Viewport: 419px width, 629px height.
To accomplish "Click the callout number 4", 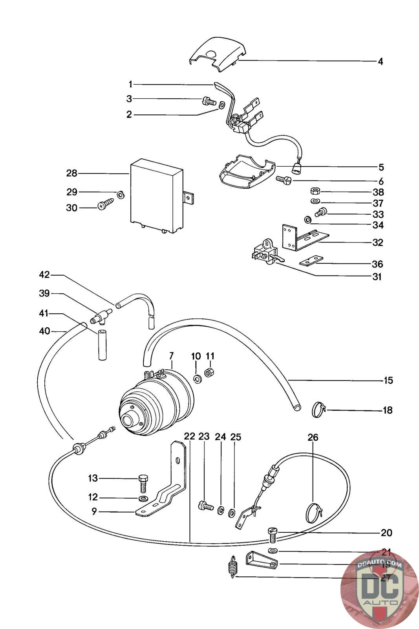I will point(380,61).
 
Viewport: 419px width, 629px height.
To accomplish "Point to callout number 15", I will point(388,380).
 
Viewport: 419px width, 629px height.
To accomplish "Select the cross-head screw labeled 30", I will point(106,204).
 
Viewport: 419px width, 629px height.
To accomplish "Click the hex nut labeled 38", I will point(315,191).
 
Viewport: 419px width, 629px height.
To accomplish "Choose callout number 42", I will point(44,274).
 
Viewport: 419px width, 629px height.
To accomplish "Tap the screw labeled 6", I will point(283,180).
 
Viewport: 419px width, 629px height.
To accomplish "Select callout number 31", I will point(377,277).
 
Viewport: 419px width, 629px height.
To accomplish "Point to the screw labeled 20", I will point(273,534).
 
